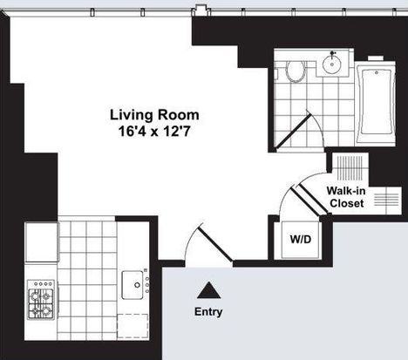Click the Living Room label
coord(154,115)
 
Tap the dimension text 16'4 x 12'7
coord(154,132)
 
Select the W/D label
coord(301,240)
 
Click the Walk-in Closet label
coord(346,197)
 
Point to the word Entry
coord(208,312)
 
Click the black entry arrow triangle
coord(208,290)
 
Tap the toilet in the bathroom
coord(296,71)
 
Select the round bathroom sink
coord(332,65)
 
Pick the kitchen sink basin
coord(133,285)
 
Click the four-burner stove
coord(41,300)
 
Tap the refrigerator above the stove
coord(42,242)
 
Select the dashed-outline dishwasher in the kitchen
coord(133,326)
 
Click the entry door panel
coord(215,244)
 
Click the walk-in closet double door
coord(309,200)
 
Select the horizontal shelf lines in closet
coord(386,200)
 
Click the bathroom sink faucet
coord(332,53)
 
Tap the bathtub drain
coord(377,72)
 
